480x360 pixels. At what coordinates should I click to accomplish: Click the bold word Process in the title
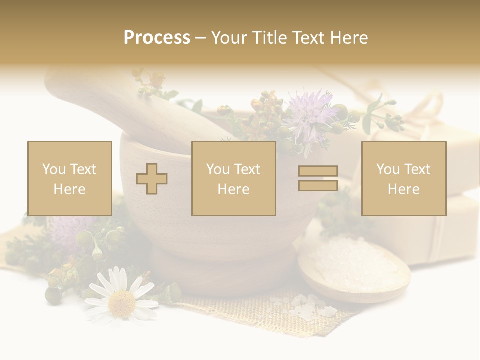click(157, 38)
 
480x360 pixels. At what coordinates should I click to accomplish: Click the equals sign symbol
click(318, 178)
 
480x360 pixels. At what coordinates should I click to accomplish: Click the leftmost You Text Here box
click(70, 178)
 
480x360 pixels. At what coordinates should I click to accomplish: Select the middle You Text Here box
click(233, 178)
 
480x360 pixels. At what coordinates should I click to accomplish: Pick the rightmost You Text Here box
click(404, 178)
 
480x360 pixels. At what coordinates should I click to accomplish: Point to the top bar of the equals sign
click(318, 172)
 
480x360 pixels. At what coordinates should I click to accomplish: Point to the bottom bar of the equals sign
click(318, 185)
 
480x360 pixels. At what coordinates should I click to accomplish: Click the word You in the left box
click(53, 169)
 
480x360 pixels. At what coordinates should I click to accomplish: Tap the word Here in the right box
click(404, 189)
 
